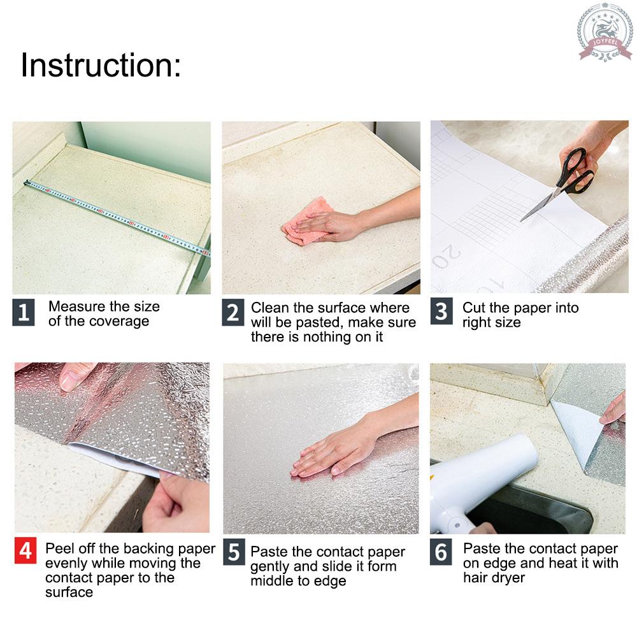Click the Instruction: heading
pyautogui.click(x=101, y=66)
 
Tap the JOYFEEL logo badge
pyautogui.click(x=605, y=32)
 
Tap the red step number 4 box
pyautogui.click(x=25, y=550)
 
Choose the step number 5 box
pyautogui.click(x=234, y=552)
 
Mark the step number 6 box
pyautogui.click(x=441, y=552)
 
